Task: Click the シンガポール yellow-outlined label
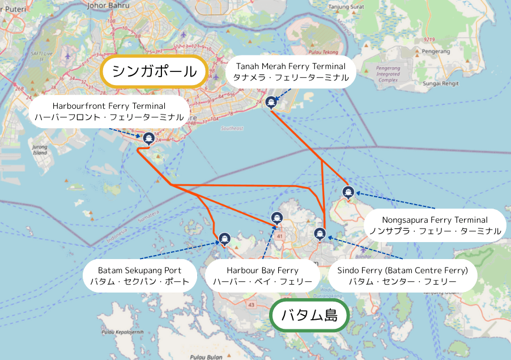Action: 154,72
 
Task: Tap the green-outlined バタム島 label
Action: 309,315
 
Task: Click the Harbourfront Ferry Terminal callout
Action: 109,111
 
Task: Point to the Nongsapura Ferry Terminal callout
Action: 435,225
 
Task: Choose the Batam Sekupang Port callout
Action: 140,276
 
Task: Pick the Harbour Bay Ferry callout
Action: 262,276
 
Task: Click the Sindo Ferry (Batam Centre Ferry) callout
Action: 402,276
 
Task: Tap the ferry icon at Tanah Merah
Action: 271,102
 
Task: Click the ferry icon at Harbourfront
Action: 148,138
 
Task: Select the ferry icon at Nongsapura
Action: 348,192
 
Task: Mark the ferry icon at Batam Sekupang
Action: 224,239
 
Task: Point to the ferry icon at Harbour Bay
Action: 276,217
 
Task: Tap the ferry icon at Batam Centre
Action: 320,234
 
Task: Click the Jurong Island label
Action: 40,149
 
